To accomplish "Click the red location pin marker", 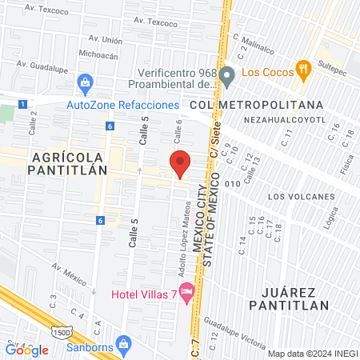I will [x=180, y=163].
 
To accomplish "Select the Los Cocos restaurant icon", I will [x=302, y=69].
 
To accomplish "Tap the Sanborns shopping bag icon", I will [x=122, y=344].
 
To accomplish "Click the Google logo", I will [x=27, y=350].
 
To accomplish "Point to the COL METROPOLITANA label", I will [x=257, y=105].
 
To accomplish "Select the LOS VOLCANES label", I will [x=301, y=196].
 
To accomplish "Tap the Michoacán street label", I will [x=98, y=55].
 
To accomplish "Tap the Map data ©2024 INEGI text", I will [x=311, y=354].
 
